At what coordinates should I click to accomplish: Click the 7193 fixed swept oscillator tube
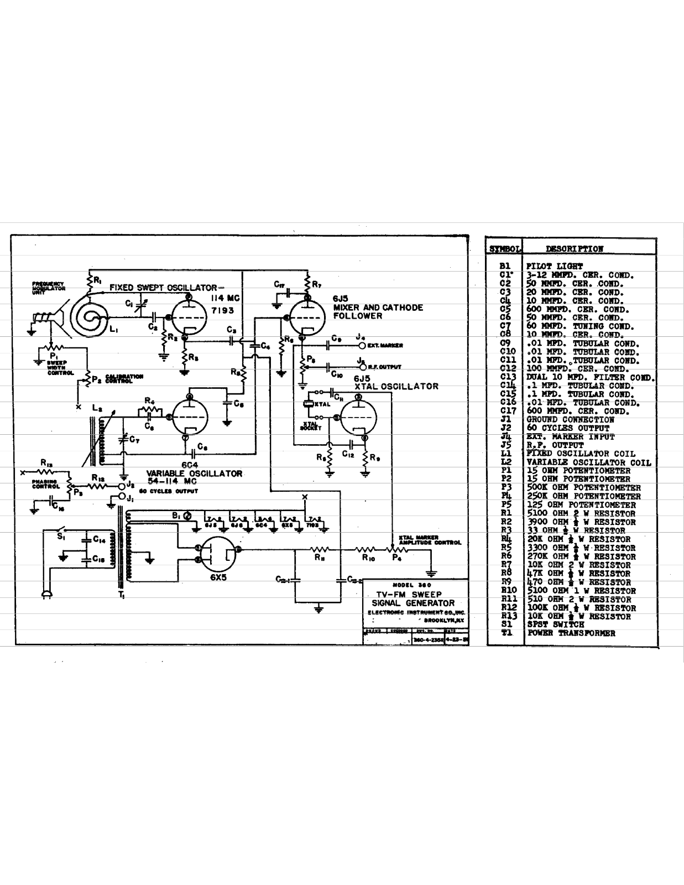188,318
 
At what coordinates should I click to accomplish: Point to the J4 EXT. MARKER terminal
362,346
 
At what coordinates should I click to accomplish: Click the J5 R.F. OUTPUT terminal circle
362,366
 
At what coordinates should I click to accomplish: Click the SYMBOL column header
503,249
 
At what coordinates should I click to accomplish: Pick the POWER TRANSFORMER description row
571,633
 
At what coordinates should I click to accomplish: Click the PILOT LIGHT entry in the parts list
554,266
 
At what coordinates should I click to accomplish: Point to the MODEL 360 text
411,585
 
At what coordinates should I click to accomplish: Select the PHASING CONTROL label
45,485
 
